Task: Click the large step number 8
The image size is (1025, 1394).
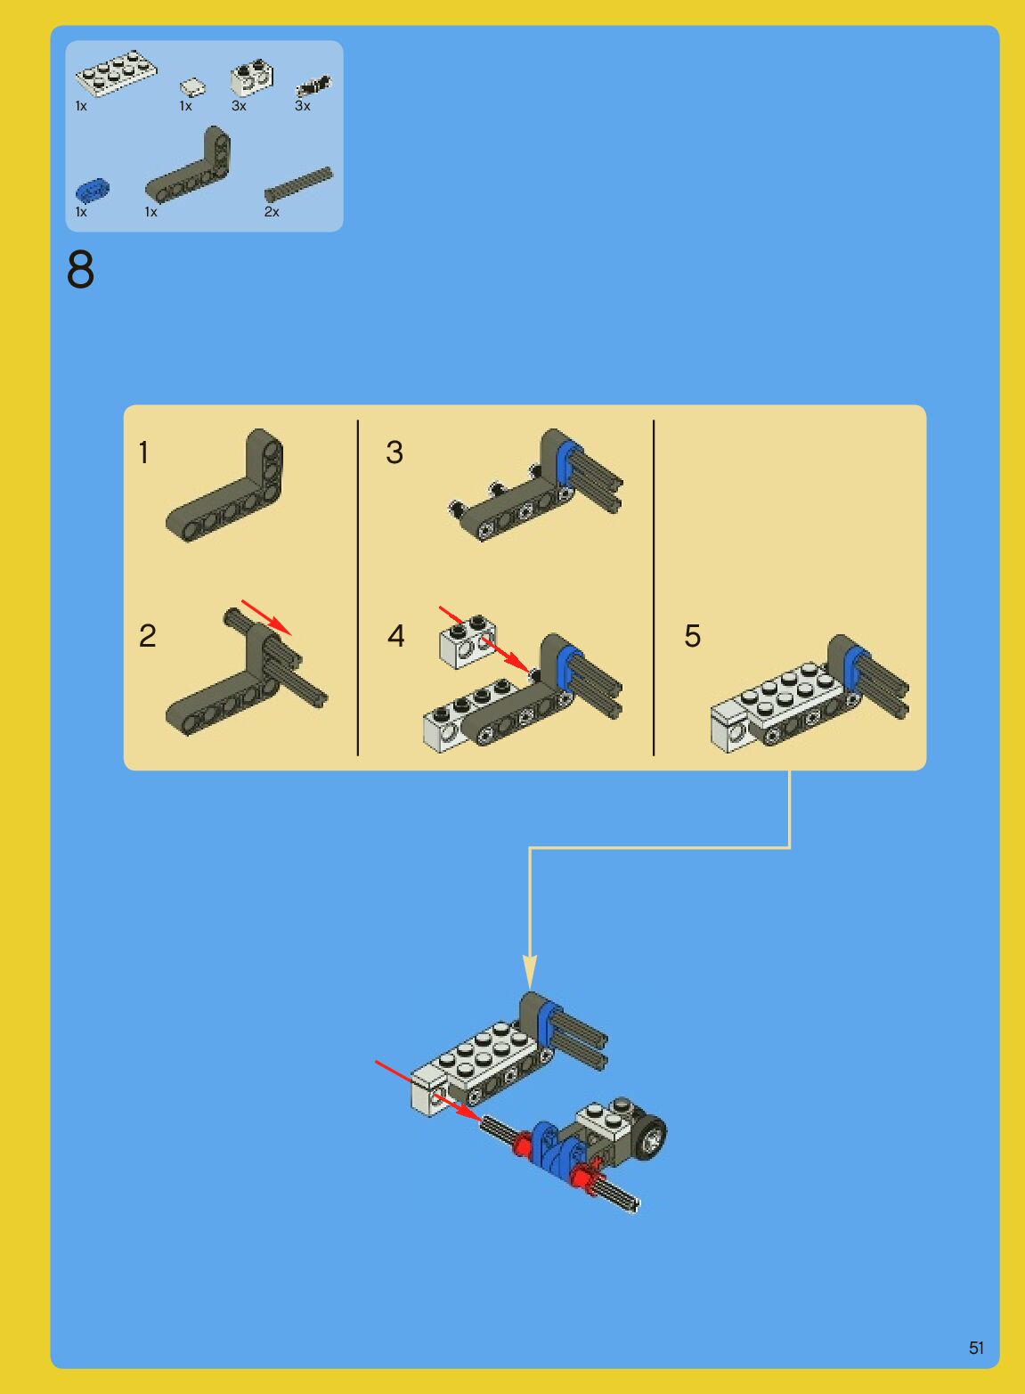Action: (x=80, y=270)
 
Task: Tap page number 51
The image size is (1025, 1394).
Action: (x=976, y=1348)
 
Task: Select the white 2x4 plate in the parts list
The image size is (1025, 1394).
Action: (x=117, y=73)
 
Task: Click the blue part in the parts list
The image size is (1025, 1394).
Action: (x=93, y=190)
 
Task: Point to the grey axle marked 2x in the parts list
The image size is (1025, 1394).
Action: (x=298, y=184)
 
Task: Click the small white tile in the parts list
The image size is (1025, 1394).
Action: (x=193, y=86)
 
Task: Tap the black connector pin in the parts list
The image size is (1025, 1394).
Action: (x=313, y=86)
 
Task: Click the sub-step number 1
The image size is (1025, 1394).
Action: (x=143, y=452)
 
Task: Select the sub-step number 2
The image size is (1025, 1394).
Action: (x=147, y=635)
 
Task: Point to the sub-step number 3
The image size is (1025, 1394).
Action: (x=395, y=452)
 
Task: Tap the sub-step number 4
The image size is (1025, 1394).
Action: (x=395, y=635)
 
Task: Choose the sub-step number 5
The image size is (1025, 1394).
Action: (x=693, y=635)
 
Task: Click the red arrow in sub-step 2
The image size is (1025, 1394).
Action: (x=266, y=617)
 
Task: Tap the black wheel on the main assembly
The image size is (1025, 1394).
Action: (x=651, y=1138)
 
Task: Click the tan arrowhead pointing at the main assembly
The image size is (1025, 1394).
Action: (x=530, y=972)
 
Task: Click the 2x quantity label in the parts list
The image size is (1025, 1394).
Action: (x=272, y=212)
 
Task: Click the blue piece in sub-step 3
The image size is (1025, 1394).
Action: (x=567, y=461)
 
